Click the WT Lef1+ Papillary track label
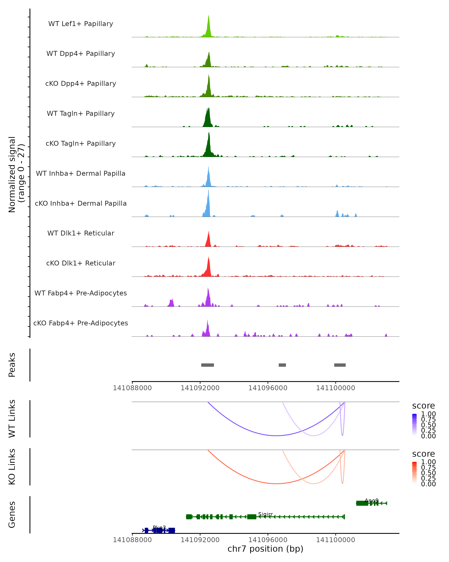tap(81, 24)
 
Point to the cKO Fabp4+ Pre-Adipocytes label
tap(81, 323)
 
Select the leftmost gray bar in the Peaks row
tap(207, 365)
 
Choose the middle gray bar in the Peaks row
tap(282, 365)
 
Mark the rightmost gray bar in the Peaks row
tap(340, 365)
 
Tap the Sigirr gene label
tap(265, 514)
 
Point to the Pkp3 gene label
tap(159, 528)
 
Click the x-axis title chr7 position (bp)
tap(265, 549)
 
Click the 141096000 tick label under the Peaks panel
tap(268, 388)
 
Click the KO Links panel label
tap(12, 467)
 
